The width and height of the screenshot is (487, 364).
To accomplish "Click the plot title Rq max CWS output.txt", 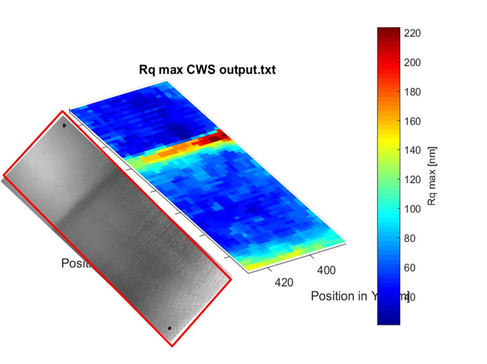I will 208,70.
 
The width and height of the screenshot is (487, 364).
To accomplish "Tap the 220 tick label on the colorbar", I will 412,33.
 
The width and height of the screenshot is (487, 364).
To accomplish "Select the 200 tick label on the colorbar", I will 412,63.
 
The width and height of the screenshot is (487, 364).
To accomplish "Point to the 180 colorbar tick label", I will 412,92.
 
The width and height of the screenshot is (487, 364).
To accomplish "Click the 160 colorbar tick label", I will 412,121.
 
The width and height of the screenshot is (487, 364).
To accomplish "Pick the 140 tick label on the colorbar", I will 412,150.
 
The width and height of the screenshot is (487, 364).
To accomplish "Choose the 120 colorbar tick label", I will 412,180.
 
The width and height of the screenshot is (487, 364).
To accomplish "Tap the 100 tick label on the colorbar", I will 412,209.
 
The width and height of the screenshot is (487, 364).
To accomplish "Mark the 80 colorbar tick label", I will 409,238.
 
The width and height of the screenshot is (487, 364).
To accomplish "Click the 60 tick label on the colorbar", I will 409,267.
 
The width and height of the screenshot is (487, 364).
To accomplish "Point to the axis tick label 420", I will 284,282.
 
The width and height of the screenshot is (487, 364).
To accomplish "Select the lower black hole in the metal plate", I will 169,327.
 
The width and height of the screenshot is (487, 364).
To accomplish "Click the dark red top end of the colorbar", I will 388,30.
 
